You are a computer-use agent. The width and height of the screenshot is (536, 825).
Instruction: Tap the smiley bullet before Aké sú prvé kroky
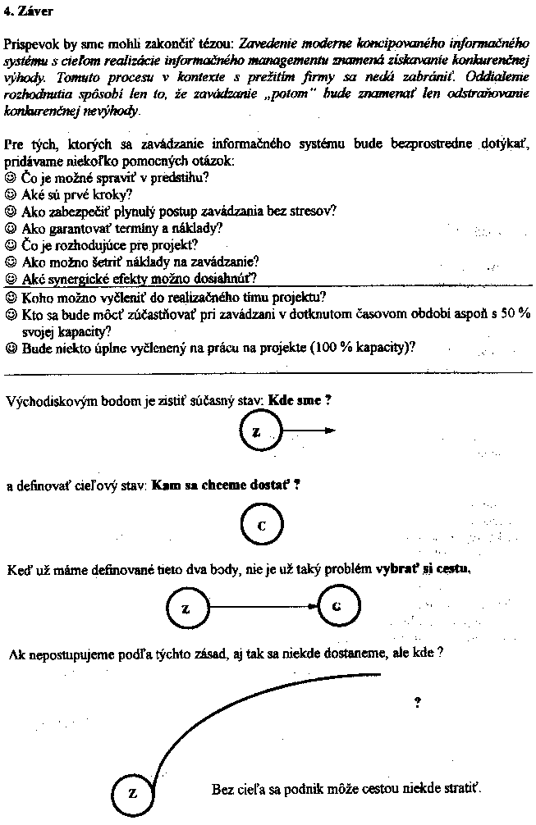11,195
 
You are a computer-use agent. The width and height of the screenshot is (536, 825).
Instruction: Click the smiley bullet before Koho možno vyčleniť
11,297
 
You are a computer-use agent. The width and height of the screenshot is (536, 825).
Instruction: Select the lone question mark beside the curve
418,702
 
